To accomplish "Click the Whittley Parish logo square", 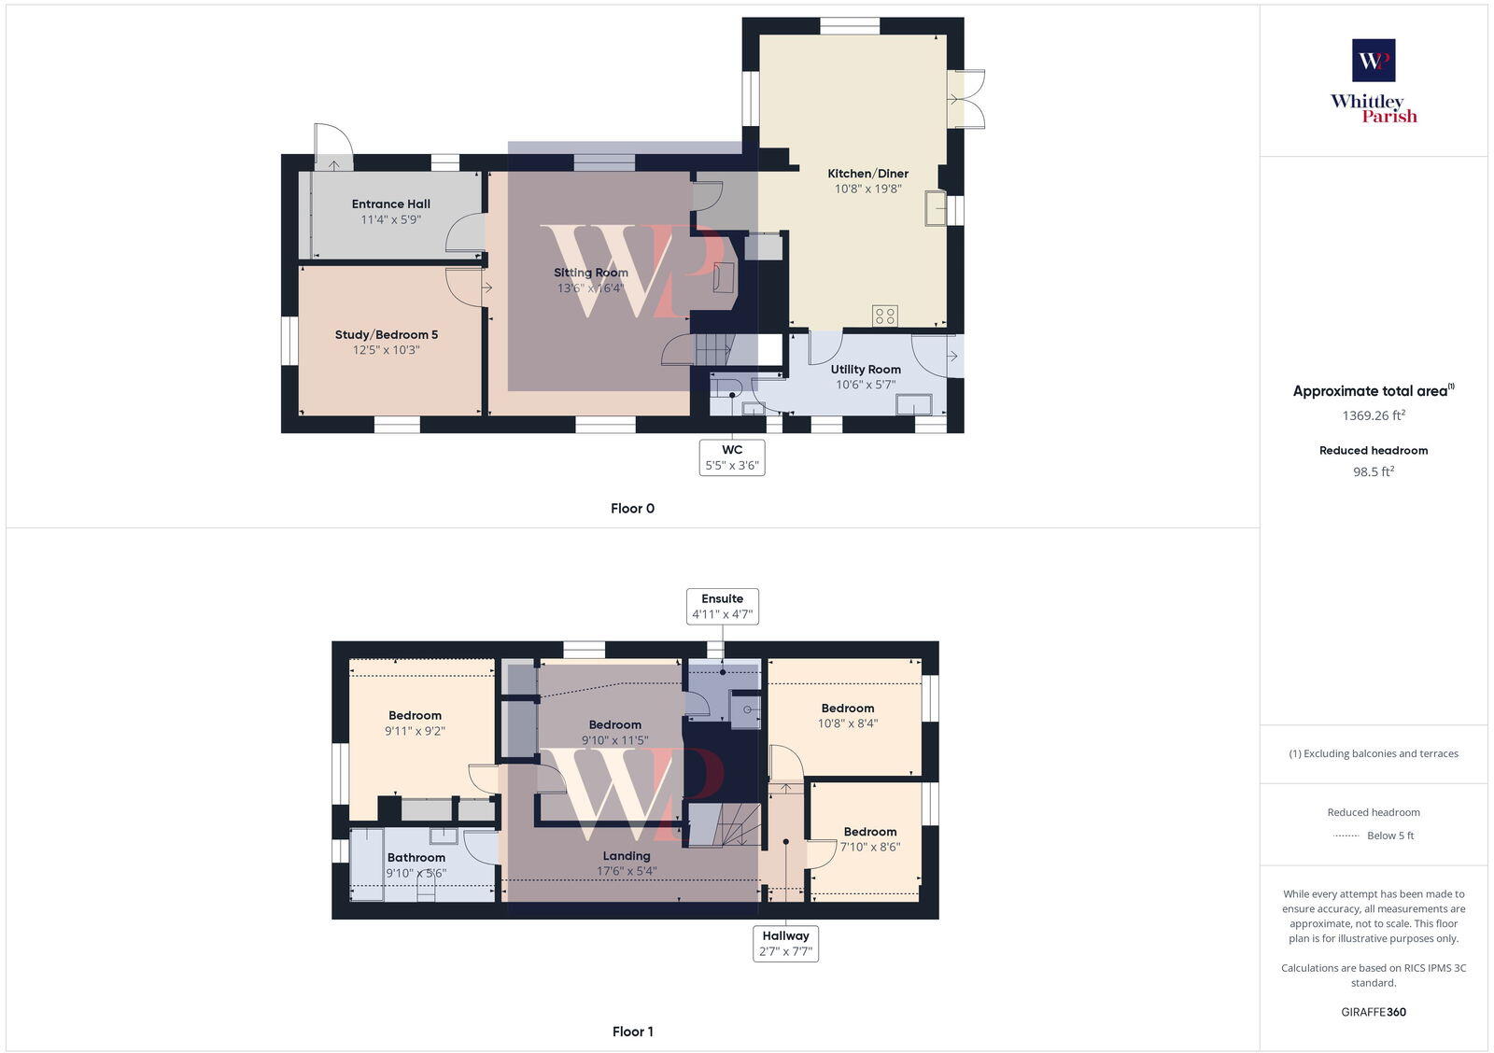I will coord(1374,61).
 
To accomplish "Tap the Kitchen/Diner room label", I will coord(867,174).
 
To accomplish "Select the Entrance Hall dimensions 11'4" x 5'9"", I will coord(391,220).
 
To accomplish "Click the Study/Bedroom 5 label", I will coord(387,335).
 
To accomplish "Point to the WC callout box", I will coord(732,457).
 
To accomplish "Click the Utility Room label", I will coord(866,370).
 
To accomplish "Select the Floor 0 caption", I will coord(632,509).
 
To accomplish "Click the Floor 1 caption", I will coord(632,1032).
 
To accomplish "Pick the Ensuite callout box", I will coord(723,607).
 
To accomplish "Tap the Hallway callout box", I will coord(785,944).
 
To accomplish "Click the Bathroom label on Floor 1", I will coord(416,858).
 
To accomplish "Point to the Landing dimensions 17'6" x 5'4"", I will coord(627,872).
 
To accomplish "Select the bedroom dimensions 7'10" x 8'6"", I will coord(870,848).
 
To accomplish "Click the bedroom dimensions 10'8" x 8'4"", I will coord(848,723).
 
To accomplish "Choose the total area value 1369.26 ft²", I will coord(1374,415).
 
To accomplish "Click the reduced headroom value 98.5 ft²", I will coord(1374,472).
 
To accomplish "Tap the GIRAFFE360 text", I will coord(1374,1012).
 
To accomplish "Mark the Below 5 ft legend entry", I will coord(1389,835).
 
